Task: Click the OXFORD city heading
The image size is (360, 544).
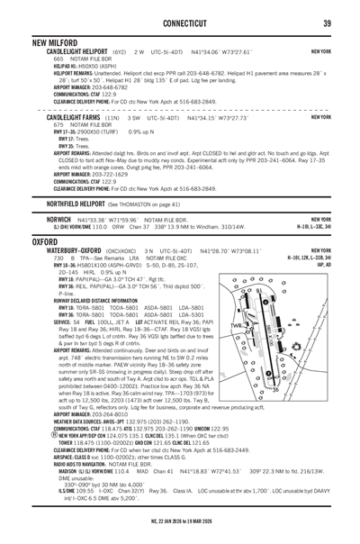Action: point(45,242)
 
